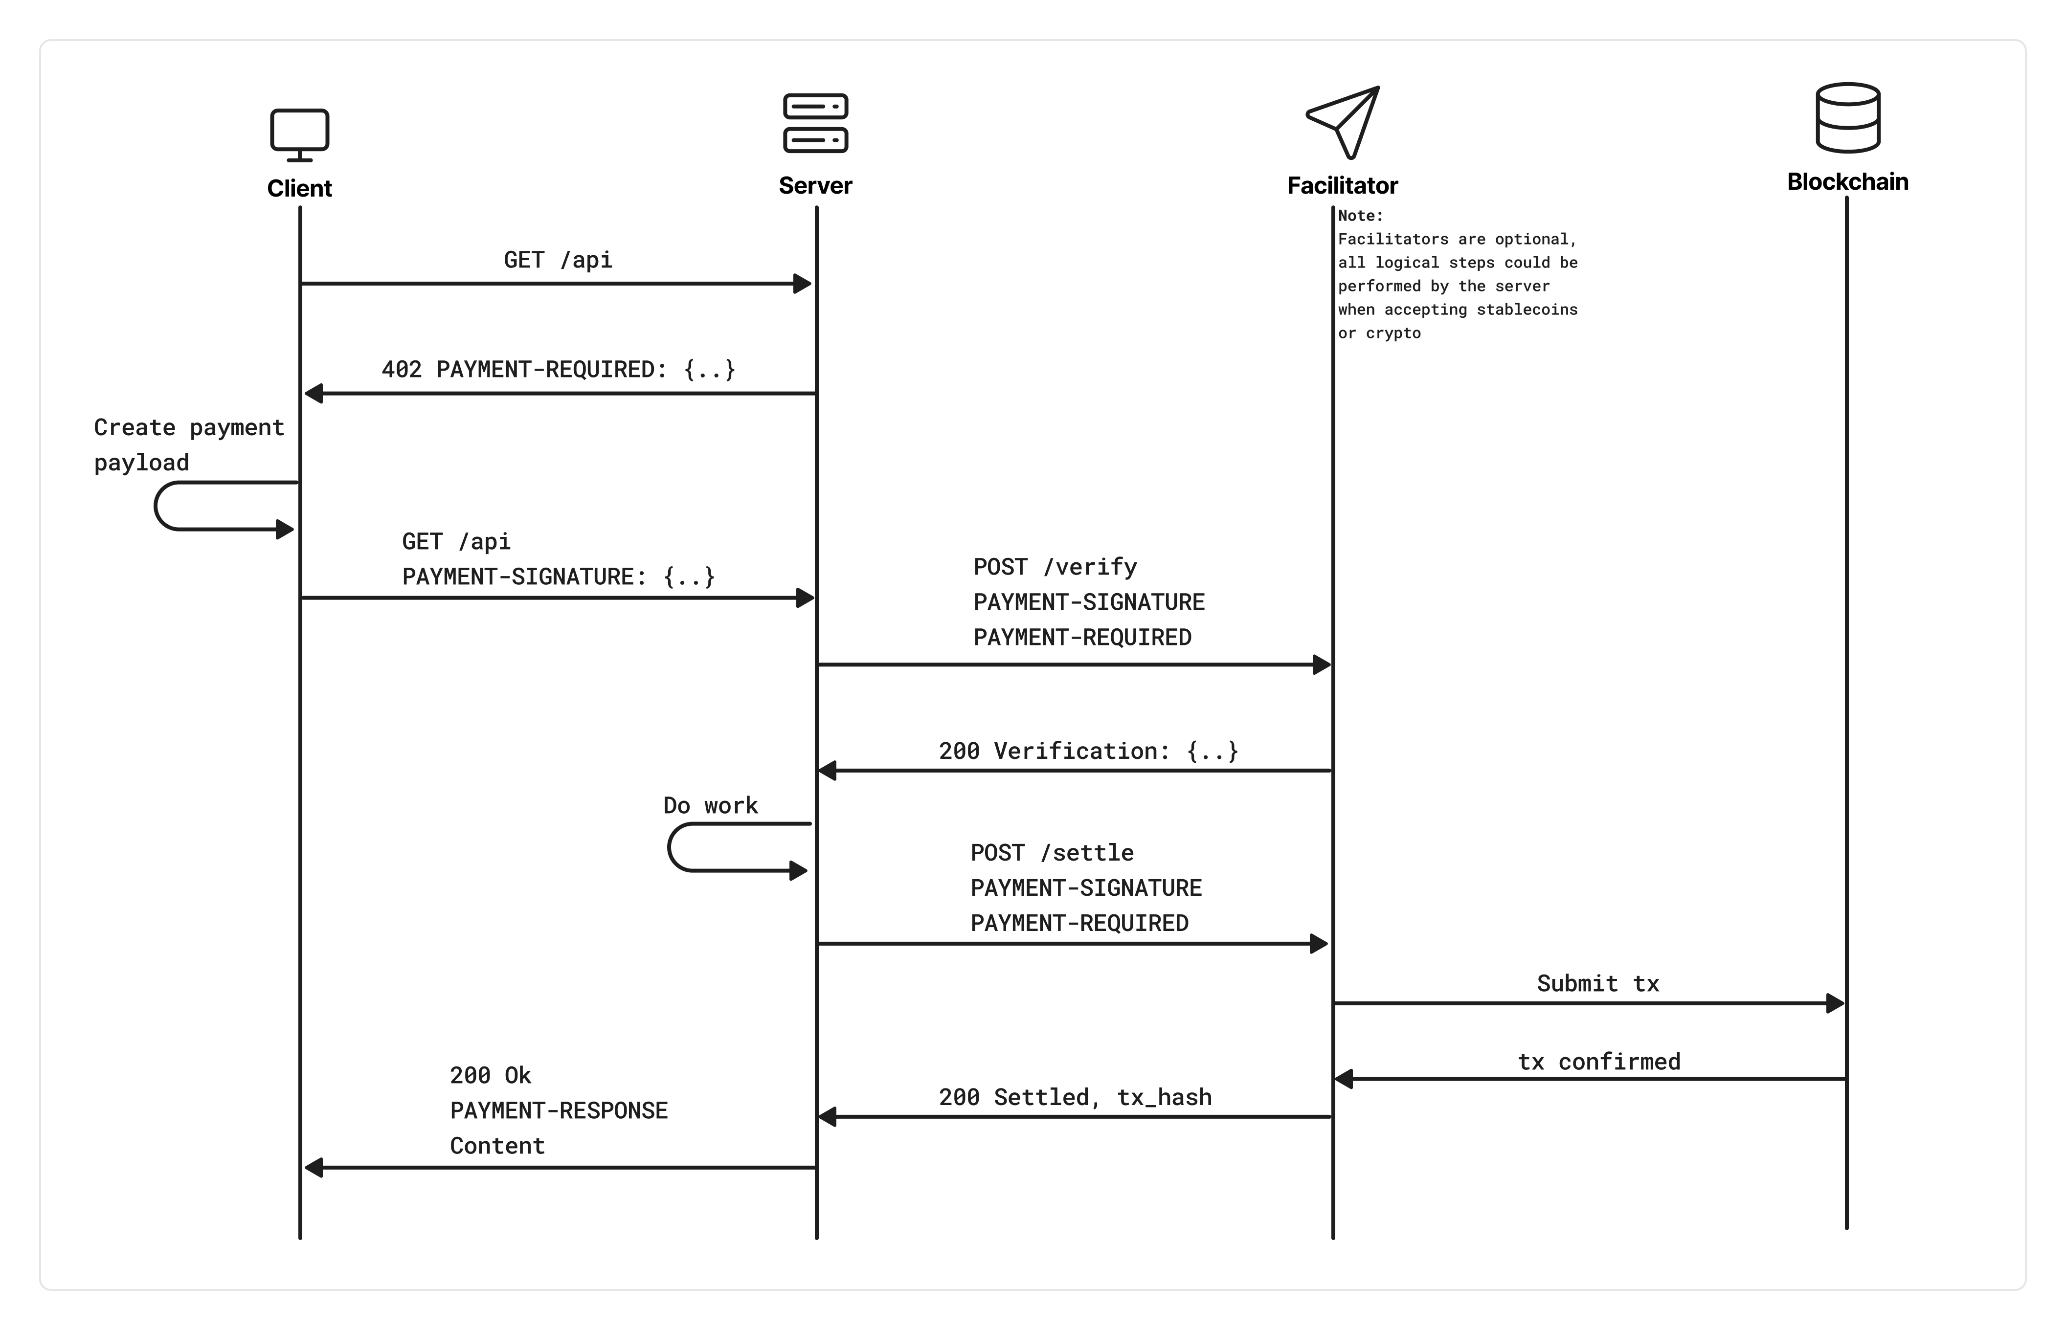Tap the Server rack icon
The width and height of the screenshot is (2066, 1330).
[815, 123]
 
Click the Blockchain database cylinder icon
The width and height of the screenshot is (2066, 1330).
[1847, 118]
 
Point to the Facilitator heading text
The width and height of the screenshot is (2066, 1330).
[1342, 186]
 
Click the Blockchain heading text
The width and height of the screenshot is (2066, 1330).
[1847, 182]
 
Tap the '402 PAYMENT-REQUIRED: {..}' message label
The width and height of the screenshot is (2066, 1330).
[558, 370]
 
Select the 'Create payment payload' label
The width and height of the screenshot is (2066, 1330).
[188, 445]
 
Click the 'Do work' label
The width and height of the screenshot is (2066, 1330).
[710, 806]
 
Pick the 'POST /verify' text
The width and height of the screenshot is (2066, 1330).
[1055, 567]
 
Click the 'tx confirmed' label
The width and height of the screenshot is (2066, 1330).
[1599, 1062]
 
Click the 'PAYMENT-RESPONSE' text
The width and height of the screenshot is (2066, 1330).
[559, 1110]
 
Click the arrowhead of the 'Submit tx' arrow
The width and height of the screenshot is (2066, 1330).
[1836, 1003]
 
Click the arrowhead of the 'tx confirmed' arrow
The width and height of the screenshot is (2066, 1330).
[1344, 1079]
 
